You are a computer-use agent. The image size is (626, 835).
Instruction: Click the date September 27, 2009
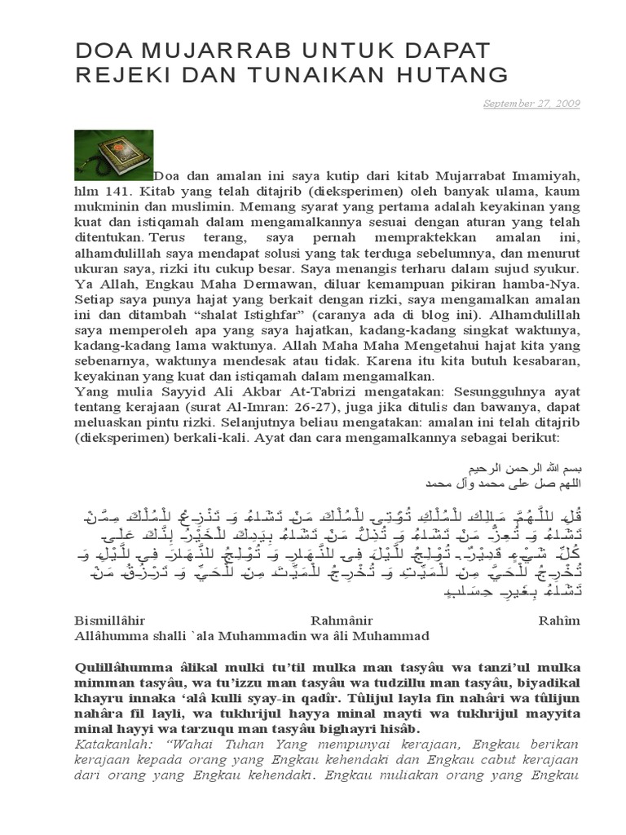pos(531,104)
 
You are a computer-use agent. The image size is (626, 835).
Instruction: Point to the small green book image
pos(113,154)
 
